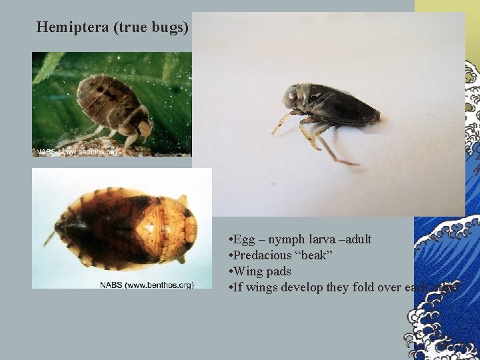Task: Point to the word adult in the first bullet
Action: click(x=358, y=239)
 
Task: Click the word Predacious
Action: click(x=262, y=255)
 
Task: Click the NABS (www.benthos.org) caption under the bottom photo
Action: click(x=147, y=285)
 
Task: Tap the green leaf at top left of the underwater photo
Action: click(x=51, y=67)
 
